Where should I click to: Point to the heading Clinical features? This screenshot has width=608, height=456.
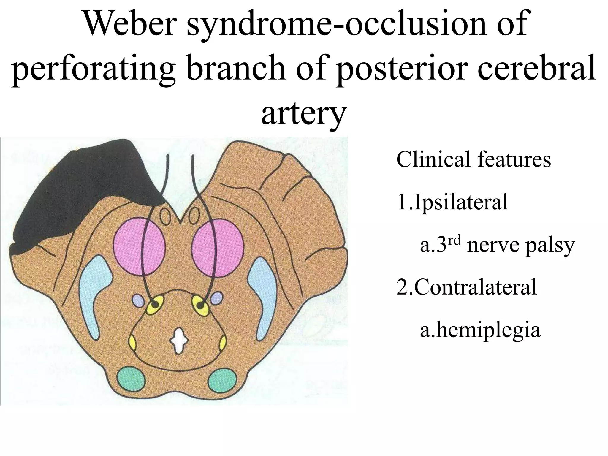coord(474,160)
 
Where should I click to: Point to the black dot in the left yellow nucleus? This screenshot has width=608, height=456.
coord(155,305)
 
